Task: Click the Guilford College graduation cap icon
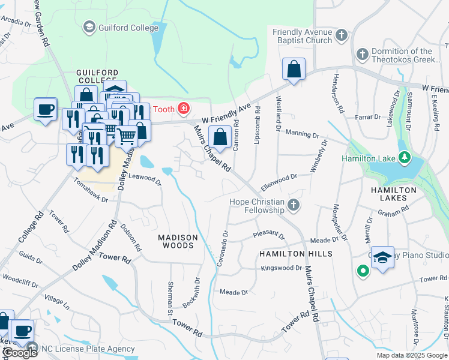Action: tap(89, 27)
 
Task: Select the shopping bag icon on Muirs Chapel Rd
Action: tap(220, 136)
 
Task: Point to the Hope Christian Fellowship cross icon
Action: tap(293, 206)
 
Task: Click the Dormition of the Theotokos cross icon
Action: tap(362, 55)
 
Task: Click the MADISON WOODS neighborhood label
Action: tap(176, 241)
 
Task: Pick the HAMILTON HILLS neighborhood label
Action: tap(295, 254)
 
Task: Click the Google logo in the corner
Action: tap(19, 353)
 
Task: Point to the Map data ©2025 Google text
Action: tap(412, 355)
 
